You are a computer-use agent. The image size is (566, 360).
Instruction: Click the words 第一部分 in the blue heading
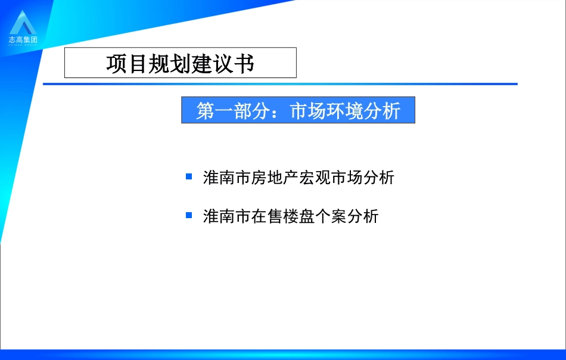point(234,111)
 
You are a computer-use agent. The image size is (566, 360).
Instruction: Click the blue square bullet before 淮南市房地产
point(189,176)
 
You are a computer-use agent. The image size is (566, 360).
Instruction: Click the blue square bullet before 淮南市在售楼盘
point(189,215)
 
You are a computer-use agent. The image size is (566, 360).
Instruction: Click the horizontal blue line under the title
point(280,84)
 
